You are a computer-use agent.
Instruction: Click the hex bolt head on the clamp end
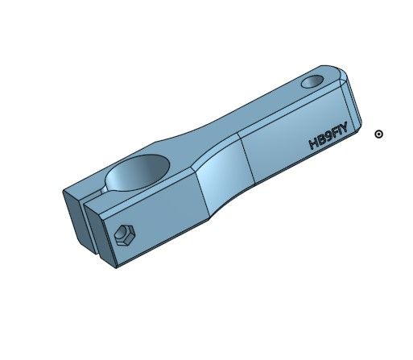pos(124,235)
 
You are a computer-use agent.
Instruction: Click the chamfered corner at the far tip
pos(345,78)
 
